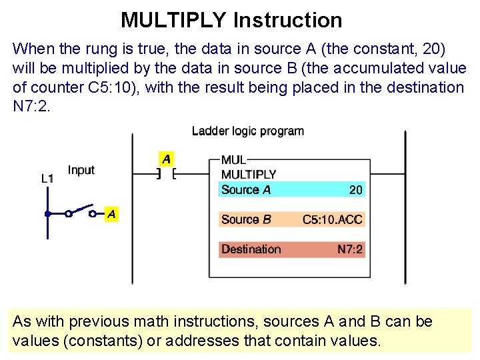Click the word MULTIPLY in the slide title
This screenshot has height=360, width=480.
point(173,20)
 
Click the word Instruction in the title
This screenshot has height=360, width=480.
point(287,20)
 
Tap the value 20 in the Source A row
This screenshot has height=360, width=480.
point(356,190)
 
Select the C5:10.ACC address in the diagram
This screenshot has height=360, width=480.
point(332,219)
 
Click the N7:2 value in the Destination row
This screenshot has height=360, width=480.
point(350,249)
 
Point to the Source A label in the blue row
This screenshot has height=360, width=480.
point(246,190)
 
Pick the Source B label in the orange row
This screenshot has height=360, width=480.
point(246,219)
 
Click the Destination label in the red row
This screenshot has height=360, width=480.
point(251,249)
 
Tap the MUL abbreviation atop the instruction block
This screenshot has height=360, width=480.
point(233,160)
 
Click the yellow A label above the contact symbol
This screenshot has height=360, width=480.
point(166,159)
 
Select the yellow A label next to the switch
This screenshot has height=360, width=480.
point(112,214)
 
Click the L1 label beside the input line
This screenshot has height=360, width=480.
point(47,178)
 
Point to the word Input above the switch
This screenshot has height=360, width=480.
point(81,170)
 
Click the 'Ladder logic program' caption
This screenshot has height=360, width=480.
point(247,131)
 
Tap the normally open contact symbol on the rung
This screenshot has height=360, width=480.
point(165,175)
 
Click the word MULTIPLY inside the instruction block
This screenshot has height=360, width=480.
point(249,175)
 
